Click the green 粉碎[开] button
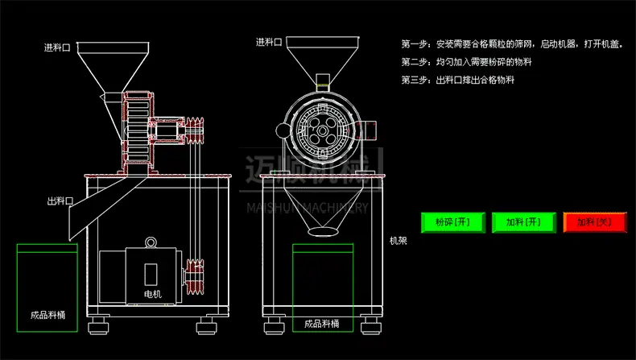tap(452, 222)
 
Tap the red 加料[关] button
tap(595, 222)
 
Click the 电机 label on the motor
tap(152, 294)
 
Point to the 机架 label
tap(398, 241)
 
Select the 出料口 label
tap(60, 201)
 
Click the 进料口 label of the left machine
tap(57, 48)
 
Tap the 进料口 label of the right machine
tap(269, 42)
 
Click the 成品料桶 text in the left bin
tap(47, 315)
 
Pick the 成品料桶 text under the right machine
tap(322, 324)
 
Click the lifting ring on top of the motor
tap(151, 242)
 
